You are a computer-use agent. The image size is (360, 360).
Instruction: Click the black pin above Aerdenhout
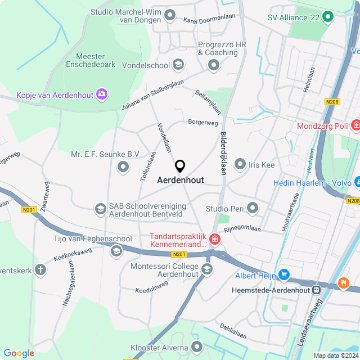coord(180,166)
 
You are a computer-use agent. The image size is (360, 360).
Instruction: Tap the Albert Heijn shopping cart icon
coord(285,274)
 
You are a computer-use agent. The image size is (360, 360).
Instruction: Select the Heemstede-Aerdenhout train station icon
coord(317,290)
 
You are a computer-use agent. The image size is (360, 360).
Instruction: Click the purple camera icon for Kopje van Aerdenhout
coord(102,94)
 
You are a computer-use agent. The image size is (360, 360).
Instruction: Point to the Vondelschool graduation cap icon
coord(178,65)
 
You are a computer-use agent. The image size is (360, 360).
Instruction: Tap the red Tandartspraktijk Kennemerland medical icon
coord(214,241)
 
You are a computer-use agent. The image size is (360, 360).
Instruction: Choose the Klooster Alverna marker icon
coord(196,346)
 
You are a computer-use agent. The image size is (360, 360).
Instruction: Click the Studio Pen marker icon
coord(253,209)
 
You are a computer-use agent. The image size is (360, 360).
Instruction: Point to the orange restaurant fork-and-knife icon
coord(343,284)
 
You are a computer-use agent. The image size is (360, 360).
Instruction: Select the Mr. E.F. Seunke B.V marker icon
coord(123,166)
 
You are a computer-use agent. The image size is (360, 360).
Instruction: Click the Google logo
coord(19,353)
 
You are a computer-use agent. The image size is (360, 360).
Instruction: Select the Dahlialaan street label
coord(233,331)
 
